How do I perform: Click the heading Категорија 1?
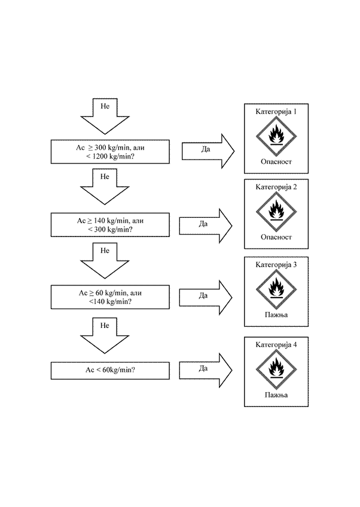[x=276, y=112]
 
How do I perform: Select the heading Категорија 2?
[x=276, y=187]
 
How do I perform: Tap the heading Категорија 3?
[x=276, y=264]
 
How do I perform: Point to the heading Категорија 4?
[x=276, y=345]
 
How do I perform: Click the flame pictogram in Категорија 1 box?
[x=276, y=136]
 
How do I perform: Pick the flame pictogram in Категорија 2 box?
[x=276, y=211]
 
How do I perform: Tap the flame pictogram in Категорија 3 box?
[x=276, y=289]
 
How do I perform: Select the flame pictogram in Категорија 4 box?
[x=276, y=369]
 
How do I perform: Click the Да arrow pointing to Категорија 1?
[x=207, y=150]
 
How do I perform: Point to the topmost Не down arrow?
[x=105, y=115]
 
